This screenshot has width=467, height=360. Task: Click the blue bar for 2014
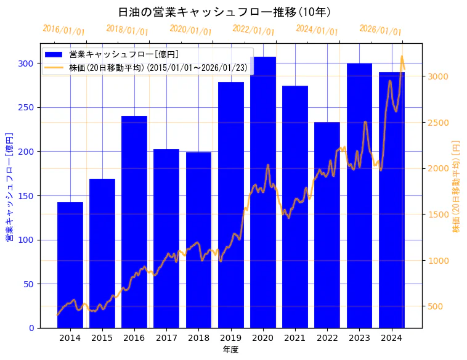(x=70, y=265)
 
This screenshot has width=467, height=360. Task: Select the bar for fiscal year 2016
(x=134, y=222)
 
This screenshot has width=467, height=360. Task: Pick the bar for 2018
(x=198, y=240)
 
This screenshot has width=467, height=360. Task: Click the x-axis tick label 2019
(x=231, y=338)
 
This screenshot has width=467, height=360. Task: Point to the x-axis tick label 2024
(x=392, y=338)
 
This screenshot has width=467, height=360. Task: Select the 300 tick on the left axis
(x=27, y=63)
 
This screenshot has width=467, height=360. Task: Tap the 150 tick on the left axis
(x=27, y=196)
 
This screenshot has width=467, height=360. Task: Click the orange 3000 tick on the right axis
(x=438, y=76)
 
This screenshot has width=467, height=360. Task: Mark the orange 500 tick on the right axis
(x=436, y=306)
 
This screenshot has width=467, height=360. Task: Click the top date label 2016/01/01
(x=63, y=30)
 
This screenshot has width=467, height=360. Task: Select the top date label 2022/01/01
(x=254, y=30)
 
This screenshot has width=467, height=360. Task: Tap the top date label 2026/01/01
(x=380, y=30)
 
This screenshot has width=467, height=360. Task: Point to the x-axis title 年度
(x=230, y=350)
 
